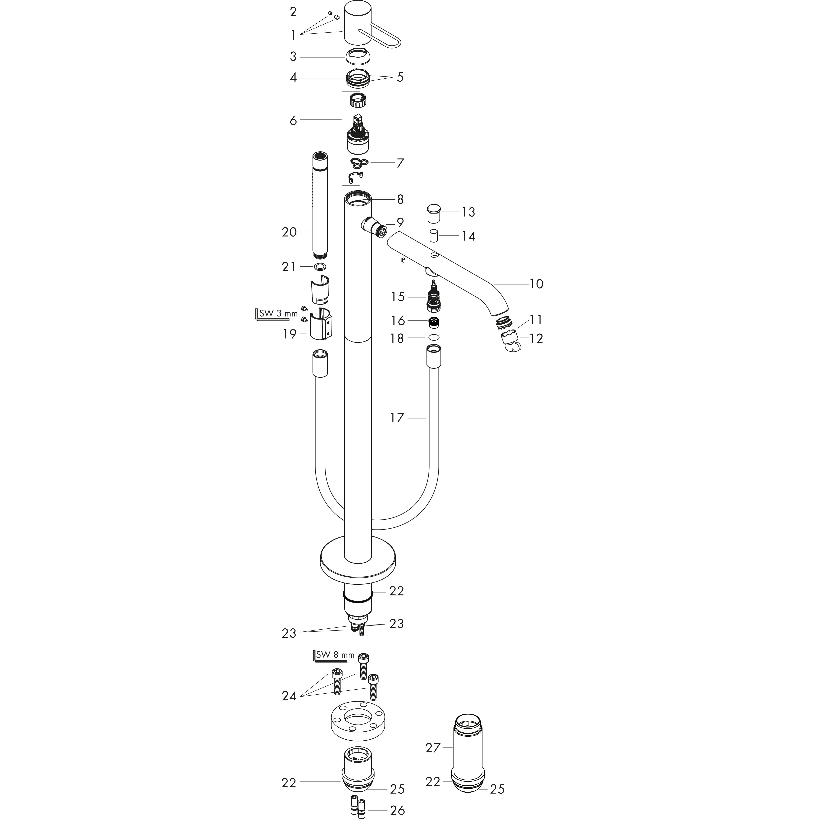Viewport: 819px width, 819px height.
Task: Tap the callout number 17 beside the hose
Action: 397,418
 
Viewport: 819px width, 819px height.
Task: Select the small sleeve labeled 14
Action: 434,236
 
